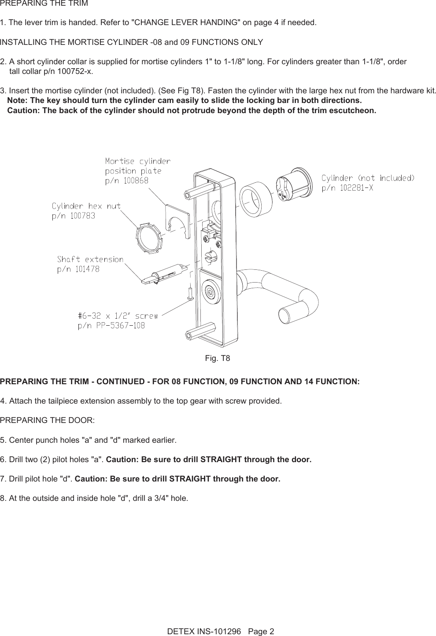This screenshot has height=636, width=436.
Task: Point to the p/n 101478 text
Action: [78, 269]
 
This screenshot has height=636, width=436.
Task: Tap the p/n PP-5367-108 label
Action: [111, 326]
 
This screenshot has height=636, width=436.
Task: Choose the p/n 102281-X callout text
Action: [347, 188]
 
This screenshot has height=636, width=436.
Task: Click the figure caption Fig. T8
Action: [218, 358]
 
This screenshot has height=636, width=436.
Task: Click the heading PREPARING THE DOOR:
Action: [47, 420]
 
